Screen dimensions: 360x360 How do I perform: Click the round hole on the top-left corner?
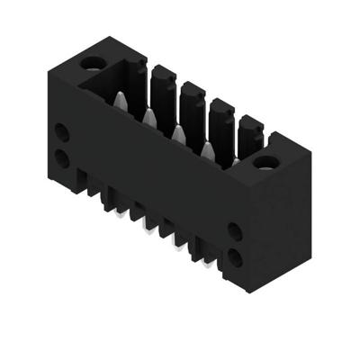coord(92,64)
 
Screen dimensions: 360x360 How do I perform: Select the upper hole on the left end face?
coord(61,132)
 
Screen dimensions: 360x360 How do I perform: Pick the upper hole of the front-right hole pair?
coord(235,231)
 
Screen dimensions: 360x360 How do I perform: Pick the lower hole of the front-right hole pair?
coord(235,257)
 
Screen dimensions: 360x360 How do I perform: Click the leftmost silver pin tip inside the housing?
coord(118,102)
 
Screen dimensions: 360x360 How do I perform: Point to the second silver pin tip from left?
coord(148,118)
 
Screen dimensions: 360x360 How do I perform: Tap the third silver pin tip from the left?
coord(177,134)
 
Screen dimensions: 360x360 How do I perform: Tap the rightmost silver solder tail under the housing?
coord(210,263)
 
